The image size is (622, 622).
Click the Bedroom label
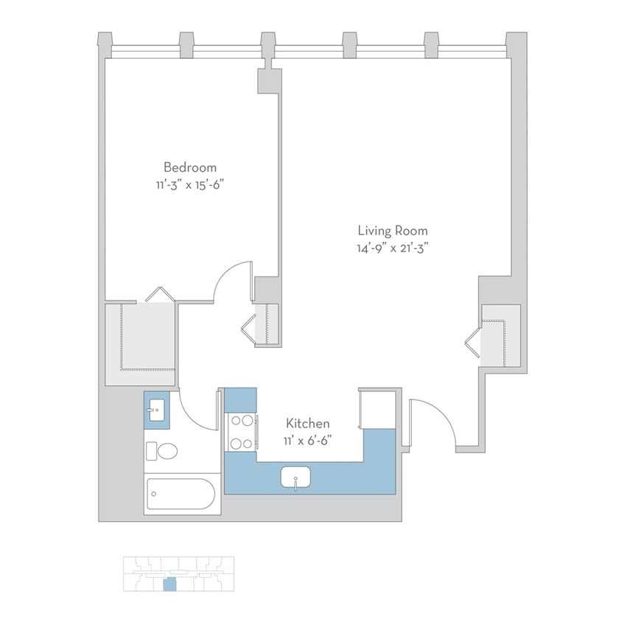[190, 167]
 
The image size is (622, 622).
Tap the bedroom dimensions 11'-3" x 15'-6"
[190, 184]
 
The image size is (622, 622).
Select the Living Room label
[392, 231]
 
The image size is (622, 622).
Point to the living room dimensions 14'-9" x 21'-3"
[392, 248]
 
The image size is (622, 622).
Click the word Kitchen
[307, 424]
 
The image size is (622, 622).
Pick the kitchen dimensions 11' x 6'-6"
[307, 441]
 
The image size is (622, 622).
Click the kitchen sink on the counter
[296, 478]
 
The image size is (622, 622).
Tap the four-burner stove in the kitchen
[241, 433]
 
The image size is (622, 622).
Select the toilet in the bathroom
[162, 451]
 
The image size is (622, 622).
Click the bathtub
[181, 495]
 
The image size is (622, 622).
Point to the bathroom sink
[156, 411]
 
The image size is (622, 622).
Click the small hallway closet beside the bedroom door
[265, 323]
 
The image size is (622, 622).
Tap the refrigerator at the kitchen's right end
[379, 409]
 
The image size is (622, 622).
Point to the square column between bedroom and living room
[268, 80]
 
